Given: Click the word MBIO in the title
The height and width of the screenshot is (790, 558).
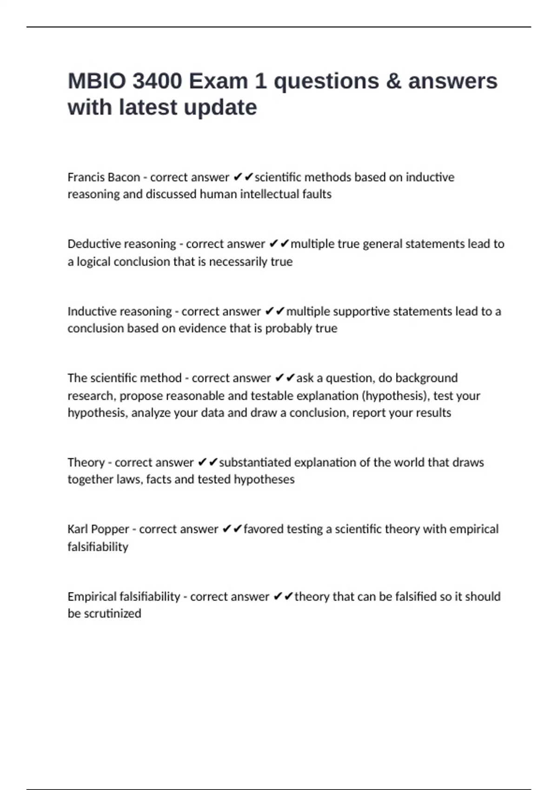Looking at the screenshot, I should (x=97, y=81).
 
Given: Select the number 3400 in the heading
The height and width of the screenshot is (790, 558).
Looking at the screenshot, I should (x=157, y=81).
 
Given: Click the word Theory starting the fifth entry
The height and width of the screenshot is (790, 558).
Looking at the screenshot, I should (x=86, y=462).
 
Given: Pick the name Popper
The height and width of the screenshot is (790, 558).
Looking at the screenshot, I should (x=111, y=529).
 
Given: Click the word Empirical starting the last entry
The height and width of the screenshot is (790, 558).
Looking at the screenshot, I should (x=91, y=597).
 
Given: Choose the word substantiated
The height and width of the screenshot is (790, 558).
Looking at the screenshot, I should (x=255, y=462).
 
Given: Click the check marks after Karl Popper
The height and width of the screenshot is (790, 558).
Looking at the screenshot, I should (x=232, y=529).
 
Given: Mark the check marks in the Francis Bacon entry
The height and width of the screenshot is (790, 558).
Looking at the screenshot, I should (x=243, y=177).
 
